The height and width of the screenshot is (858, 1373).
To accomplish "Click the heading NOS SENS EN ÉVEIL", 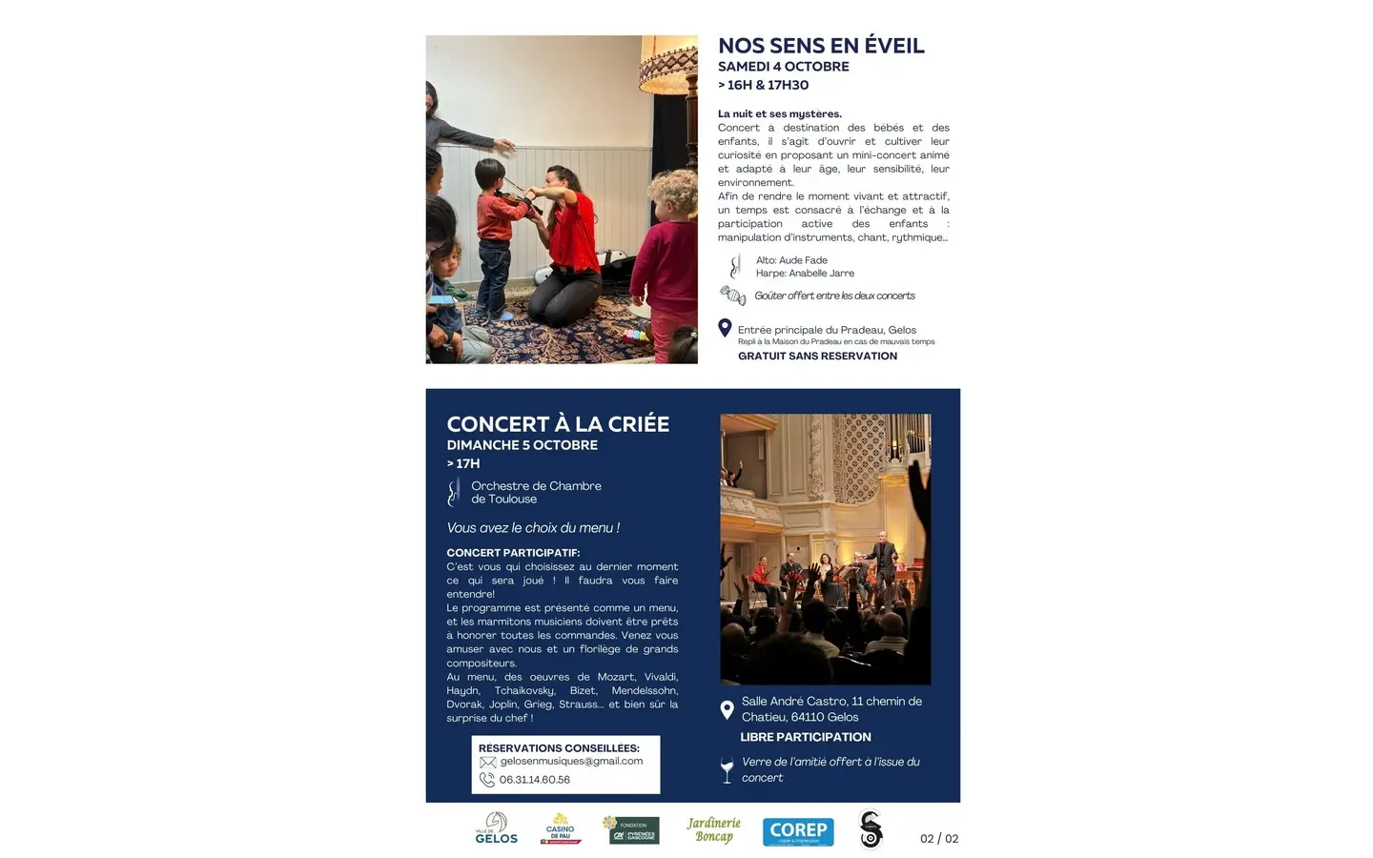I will pyautogui.click(x=821, y=46).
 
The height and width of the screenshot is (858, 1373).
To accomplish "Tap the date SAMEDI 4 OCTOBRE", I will pyautogui.click(x=783, y=67).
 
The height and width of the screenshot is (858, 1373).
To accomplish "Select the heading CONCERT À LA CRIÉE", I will pyautogui.click(x=558, y=424).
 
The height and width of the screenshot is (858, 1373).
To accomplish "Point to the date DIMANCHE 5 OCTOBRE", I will pyautogui.click(x=522, y=445).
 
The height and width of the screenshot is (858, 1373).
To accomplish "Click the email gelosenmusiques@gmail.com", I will pyautogui.click(x=571, y=762).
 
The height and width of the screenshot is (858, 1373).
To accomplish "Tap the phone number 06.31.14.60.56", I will pyautogui.click(x=534, y=780).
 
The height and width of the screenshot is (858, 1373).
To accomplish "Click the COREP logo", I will pyautogui.click(x=798, y=831).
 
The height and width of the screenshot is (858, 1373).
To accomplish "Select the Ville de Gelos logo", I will pyautogui.click(x=496, y=828).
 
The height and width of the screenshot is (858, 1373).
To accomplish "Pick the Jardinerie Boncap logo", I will pyautogui.click(x=713, y=829).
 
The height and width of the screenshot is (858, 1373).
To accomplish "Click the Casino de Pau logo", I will pyautogui.click(x=561, y=828).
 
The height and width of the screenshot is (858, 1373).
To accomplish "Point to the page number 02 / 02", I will pyautogui.click(x=939, y=839).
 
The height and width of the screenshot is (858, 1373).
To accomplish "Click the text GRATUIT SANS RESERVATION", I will pyautogui.click(x=817, y=357).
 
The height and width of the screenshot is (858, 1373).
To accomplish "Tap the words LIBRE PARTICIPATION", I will pyautogui.click(x=806, y=737).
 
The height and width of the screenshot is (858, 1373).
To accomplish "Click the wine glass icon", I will pyautogui.click(x=727, y=769).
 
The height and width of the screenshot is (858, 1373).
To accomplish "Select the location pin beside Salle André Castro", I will pyautogui.click(x=727, y=709).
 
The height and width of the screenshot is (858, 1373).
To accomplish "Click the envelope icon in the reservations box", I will pyautogui.click(x=488, y=763).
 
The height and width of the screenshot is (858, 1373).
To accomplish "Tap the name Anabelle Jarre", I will pyautogui.click(x=821, y=274).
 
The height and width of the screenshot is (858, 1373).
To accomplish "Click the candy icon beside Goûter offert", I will pyautogui.click(x=732, y=296).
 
